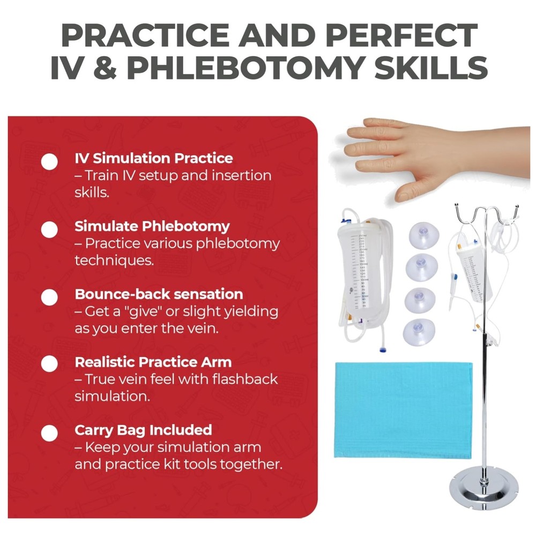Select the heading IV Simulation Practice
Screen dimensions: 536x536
coord(153,158)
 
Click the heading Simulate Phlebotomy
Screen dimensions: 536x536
coord(152,226)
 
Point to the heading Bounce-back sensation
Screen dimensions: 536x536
coord(159,294)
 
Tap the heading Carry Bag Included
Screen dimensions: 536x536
coord(143,429)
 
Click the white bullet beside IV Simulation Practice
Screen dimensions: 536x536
coord(49,161)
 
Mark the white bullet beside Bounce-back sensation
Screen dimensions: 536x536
coord(49,297)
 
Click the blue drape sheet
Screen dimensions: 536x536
coord(403,410)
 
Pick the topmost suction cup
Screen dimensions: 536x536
coord(423,234)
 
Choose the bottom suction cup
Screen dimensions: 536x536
coord(420,332)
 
